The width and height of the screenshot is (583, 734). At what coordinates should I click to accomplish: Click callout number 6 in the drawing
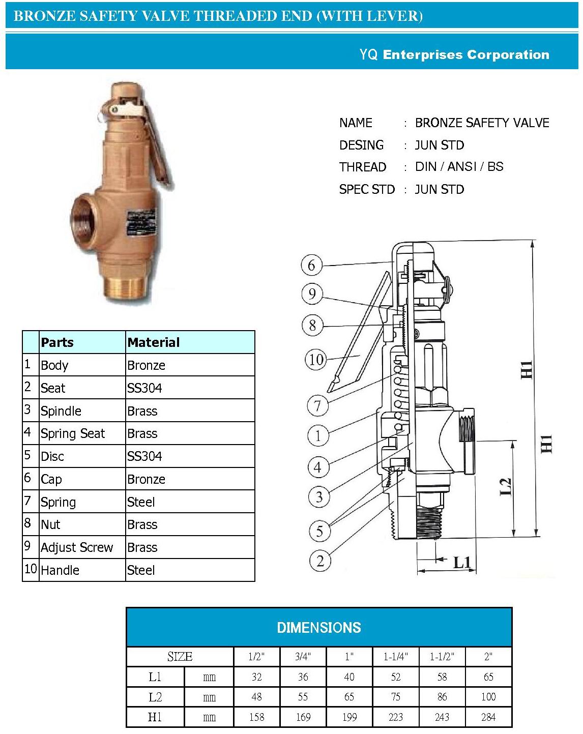tap(311, 265)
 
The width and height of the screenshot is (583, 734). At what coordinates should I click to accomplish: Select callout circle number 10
tap(316, 360)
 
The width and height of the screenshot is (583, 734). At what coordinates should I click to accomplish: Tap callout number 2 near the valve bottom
tap(320, 561)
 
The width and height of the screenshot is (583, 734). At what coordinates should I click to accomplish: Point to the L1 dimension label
tap(462, 562)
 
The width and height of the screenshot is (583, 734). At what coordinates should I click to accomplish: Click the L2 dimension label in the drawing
tap(505, 486)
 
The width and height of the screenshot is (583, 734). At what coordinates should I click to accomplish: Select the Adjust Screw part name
tap(77, 548)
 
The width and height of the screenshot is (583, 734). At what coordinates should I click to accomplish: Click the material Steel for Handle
tap(141, 570)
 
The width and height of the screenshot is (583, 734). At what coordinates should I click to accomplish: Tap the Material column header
tap(153, 342)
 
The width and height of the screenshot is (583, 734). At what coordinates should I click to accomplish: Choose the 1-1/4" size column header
tap(395, 657)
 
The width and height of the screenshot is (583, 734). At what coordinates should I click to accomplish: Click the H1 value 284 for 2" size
tap(488, 717)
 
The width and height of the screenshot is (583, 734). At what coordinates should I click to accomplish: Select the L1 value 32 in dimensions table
tap(256, 677)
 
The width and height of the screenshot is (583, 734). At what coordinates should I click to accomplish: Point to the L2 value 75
tap(395, 697)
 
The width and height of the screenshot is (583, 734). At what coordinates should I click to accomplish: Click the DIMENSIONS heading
tap(318, 628)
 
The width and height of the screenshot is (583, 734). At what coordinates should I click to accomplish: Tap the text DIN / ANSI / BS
tap(459, 167)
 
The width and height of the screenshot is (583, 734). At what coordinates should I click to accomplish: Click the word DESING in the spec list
tap(361, 145)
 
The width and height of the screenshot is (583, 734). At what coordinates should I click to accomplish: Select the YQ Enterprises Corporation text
tap(454, 55)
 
